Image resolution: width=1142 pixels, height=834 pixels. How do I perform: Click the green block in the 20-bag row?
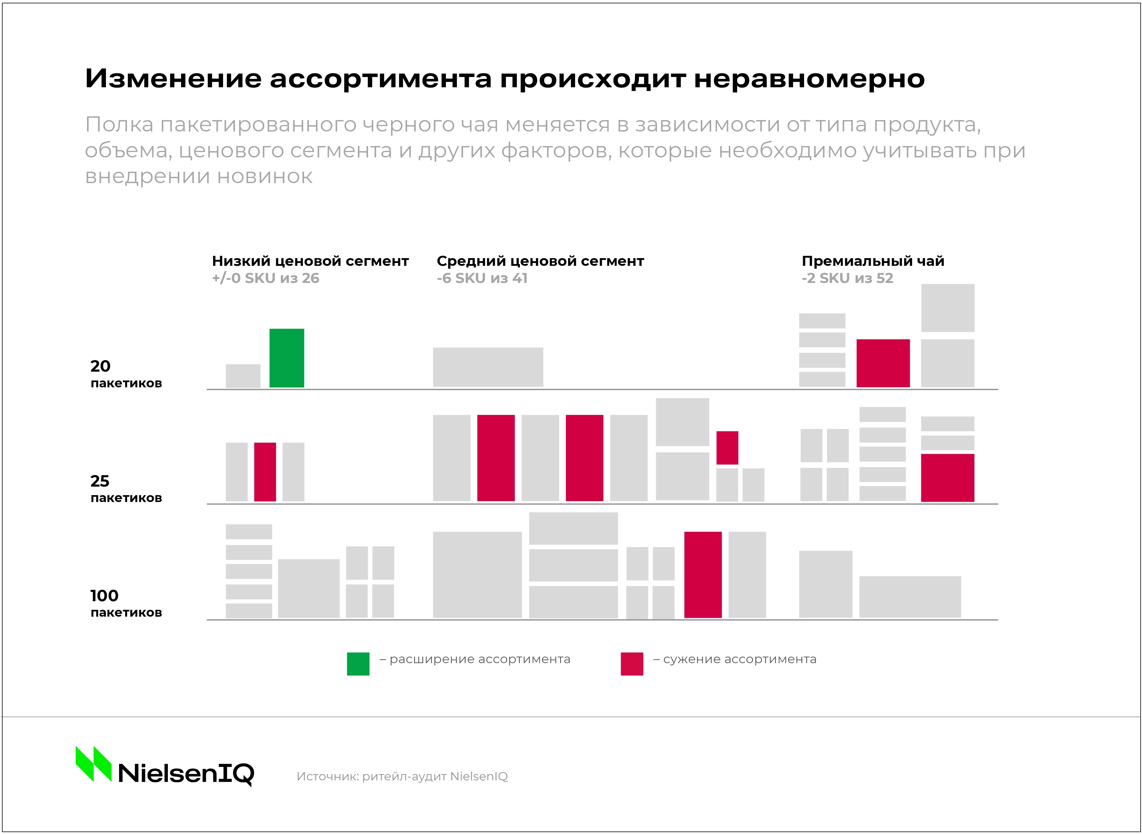(287, 358)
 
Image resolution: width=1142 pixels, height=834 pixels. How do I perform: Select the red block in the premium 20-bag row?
(883, 363)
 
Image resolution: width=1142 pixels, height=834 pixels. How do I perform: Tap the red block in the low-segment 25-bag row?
(265, 471)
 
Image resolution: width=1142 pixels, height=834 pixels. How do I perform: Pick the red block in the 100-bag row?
(702, 574)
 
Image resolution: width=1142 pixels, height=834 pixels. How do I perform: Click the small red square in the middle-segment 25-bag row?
(727, 447)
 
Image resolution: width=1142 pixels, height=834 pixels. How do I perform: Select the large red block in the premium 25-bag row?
(947, 477)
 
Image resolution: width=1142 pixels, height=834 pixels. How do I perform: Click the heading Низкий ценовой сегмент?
(310, 261)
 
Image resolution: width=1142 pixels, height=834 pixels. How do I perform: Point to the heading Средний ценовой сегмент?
(540, 261)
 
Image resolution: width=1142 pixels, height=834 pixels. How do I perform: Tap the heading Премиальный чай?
(873, 261)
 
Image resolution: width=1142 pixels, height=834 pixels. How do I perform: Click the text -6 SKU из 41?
(482, 278)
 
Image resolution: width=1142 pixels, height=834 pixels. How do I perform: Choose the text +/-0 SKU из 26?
(265, 278)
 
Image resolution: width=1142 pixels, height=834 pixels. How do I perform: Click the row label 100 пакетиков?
(126, 603)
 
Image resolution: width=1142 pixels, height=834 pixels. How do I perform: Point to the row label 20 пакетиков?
(126, 374)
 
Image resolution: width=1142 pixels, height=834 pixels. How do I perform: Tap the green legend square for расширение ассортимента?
(358, 664)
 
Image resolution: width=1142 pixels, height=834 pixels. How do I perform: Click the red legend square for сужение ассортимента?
(632, 664)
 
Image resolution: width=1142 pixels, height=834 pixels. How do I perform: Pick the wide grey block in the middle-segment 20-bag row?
(488, 367)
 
